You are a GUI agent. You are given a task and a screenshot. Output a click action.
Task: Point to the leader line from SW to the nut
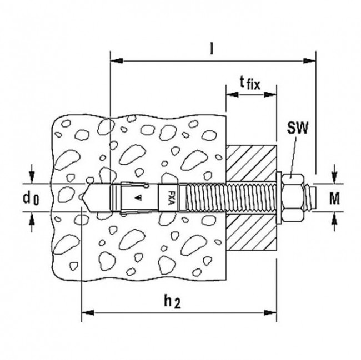[293, 155]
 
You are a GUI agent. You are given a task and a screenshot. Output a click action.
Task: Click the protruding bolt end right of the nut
[312, 196]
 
